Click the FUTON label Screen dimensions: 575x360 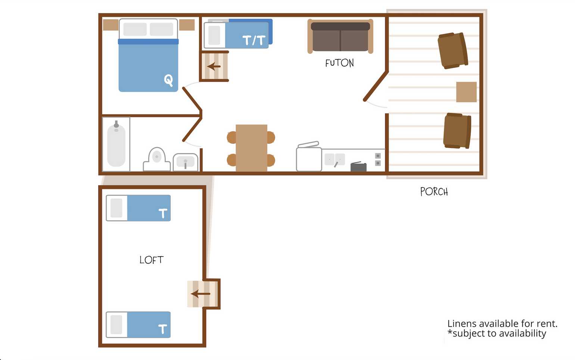point(339,63)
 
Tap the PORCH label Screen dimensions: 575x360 point(434,192)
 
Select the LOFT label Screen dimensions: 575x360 point(151,260)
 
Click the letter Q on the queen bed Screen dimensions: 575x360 point(168,80)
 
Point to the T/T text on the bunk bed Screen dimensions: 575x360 point(254,40)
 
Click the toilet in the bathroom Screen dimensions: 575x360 point(156,159)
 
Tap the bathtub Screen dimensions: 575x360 point(116,144)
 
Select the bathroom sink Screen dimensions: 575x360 point(185,162)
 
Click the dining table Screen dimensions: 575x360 point(251,148)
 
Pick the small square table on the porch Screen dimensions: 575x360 point(466,92)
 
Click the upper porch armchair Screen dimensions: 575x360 point(453,50)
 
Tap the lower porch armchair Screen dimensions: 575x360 point(457,131)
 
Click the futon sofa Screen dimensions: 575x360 point(341,37)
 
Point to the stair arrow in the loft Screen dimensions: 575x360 point(201,294)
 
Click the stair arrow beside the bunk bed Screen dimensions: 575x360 point(214,66)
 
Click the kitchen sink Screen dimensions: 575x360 point(335,159)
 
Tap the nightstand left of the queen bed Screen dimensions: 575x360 point(111,25)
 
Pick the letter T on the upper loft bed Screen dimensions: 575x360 point(163,213)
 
